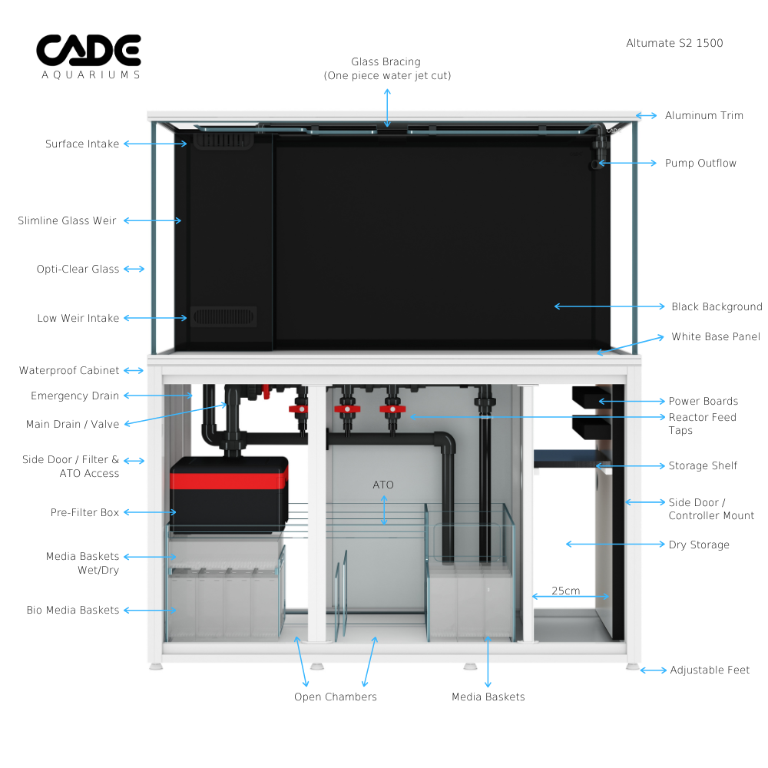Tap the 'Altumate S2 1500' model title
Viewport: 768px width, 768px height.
(674, 43)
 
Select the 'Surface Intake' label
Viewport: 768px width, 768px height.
(82, 144)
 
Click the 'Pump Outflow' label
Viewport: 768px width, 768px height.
(700, 163)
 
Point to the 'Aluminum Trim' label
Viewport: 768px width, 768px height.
(703, 115)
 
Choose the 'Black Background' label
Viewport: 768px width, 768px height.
(717, 306)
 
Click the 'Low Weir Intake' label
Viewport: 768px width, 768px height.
(78, 318)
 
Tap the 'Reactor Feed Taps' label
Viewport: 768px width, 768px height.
(702, 424)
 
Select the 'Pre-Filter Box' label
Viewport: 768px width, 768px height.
(84, 512)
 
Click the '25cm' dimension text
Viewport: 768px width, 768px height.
(565, 591)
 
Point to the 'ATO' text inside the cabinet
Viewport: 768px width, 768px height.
(383, 485)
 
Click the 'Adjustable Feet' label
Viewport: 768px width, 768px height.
(710, 670)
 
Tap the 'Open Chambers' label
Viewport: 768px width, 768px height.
(336, 697)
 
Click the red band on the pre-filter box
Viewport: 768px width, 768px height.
(229, 482)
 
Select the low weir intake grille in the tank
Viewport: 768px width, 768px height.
(223, 316)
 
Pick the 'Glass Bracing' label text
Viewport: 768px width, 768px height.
(386, 68)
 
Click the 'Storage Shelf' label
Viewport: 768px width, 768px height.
(703, 465)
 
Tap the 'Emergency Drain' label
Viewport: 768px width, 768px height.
(74, 396)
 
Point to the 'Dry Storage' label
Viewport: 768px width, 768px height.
(699, 545)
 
